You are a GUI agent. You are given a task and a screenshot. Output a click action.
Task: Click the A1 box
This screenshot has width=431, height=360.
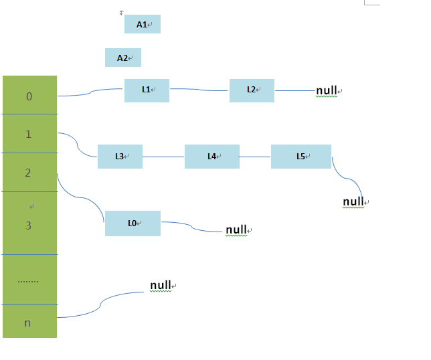(x=142, y=24)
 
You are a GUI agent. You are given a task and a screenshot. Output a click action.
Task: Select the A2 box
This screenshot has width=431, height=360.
(x=123, y=58)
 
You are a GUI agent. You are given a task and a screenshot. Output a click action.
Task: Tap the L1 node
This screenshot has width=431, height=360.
(x=147, y=90)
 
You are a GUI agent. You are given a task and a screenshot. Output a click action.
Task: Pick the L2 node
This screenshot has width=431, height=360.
(x=252, y=90)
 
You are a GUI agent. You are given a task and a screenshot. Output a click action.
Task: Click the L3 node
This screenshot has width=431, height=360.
(x=120, y=157)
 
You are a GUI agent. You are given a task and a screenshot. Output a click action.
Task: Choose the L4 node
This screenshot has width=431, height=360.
(x=211, y=157)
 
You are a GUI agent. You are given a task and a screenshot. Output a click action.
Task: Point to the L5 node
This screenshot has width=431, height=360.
(x=300, y=157)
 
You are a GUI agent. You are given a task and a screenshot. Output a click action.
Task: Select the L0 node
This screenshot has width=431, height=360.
(x=133, y=223)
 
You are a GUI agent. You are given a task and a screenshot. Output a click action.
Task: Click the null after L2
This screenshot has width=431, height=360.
(x=327, y=90)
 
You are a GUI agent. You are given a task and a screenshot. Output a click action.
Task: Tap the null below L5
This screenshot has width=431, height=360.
(x=353, y=201)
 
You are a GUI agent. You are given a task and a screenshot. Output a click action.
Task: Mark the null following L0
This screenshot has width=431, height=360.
(x=236, y=230)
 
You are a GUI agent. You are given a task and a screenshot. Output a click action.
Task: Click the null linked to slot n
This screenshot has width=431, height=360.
(x=161, y=285)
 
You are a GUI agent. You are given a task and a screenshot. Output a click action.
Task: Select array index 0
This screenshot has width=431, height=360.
(x=29, y=96)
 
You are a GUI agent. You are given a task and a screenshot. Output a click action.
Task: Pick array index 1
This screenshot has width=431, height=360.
(x=28, y=134)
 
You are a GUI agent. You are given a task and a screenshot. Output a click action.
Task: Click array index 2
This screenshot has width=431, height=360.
(x=28, y=173)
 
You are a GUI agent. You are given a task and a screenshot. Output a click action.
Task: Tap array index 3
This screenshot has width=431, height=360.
(x=28, y=226)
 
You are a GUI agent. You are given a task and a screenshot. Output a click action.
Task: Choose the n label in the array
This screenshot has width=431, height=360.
(x=27, y=323)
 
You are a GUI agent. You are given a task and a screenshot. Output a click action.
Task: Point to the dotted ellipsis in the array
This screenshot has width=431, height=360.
(x=28, y=281)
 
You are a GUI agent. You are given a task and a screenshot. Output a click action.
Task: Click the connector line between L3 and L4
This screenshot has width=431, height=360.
(x=163, y=157)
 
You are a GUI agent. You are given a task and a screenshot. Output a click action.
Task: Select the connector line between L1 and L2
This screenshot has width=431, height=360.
(x=199, y=90)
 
